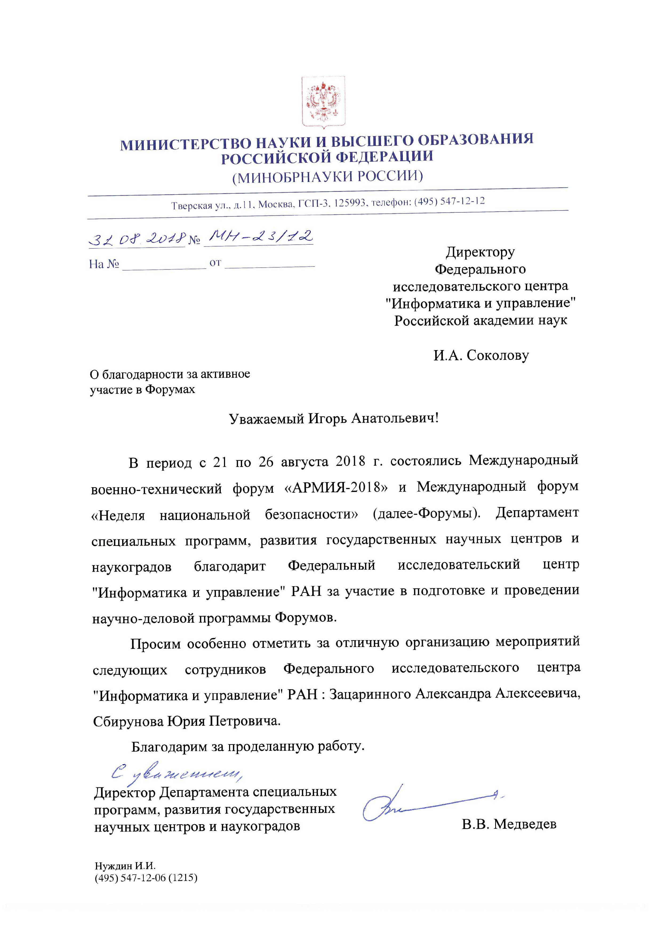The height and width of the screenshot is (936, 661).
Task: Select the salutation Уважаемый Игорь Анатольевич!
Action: [334, 419]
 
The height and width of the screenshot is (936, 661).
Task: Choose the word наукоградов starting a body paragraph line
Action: [131, 567]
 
